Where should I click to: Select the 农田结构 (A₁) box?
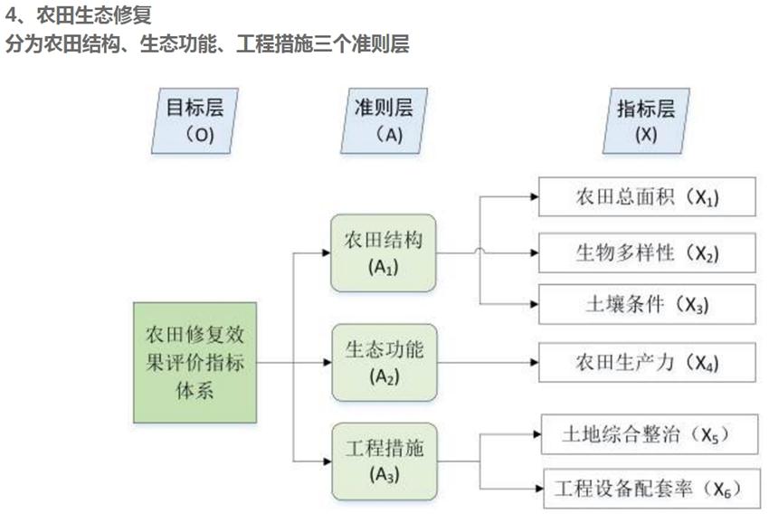coord(384,253)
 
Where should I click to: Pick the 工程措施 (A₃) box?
coord(384,460)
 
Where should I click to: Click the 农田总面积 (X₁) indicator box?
coord(647,197)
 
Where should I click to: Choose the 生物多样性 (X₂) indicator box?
coord(647,252)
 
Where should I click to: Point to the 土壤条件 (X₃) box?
coord(647,304)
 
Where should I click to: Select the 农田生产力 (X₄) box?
coord(647,362)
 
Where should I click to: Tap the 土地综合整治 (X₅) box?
coord(647,435)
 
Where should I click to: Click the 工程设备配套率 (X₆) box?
coord(647,489)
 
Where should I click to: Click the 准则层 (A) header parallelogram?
coord(384,120)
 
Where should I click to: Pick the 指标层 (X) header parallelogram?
coord(646,120)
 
